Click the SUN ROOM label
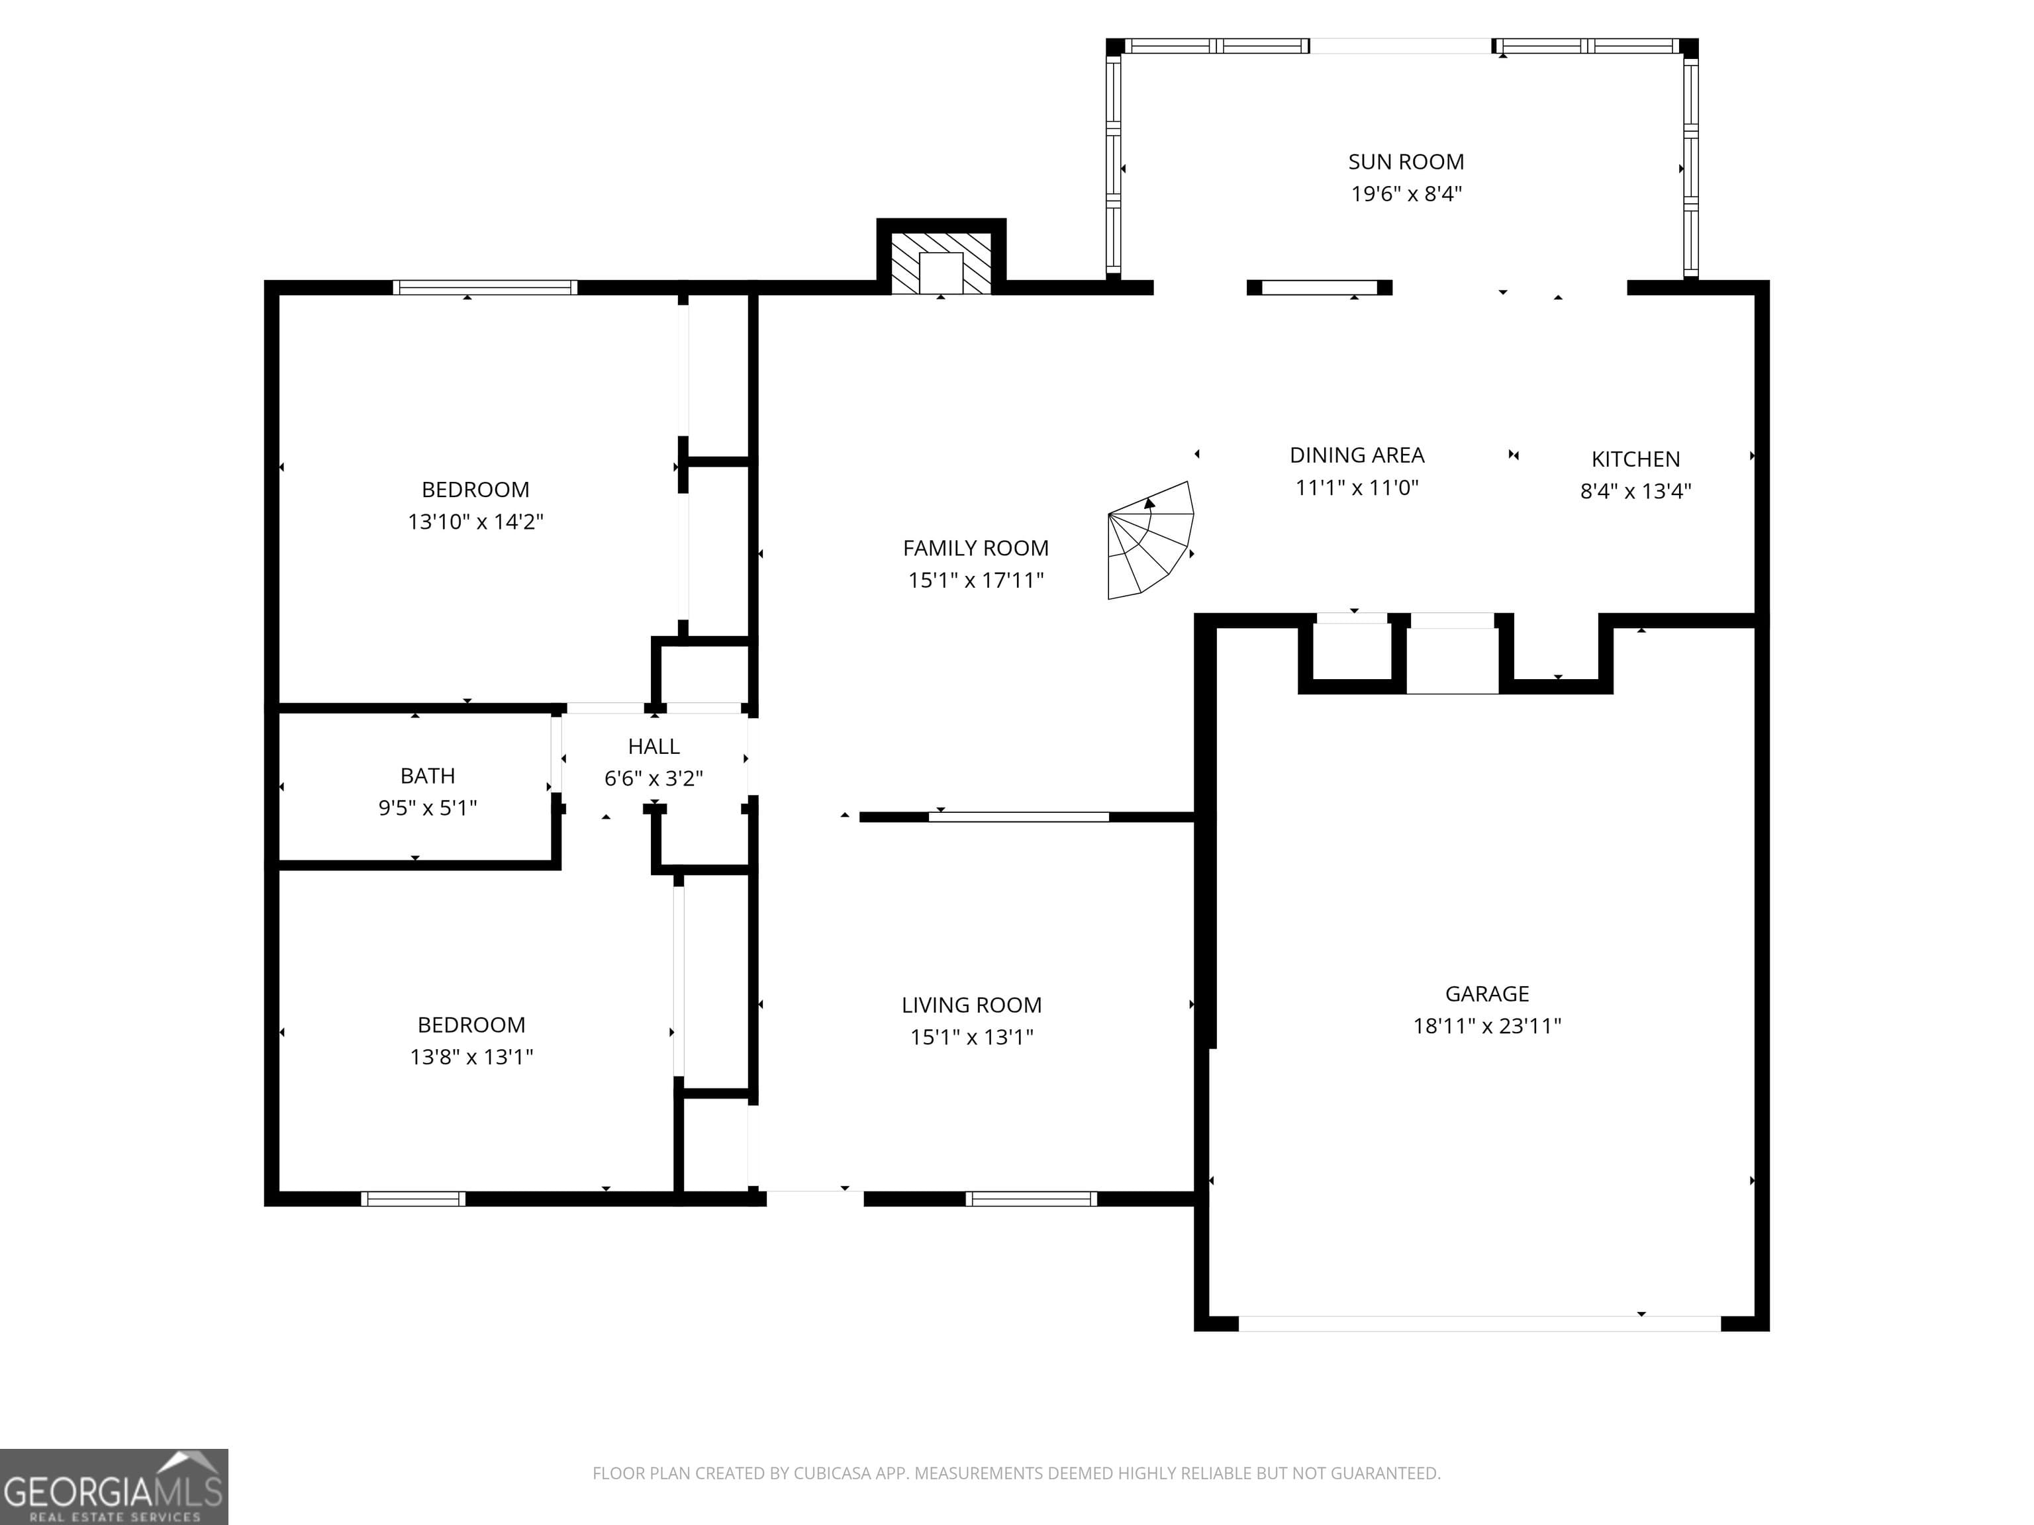(x=1405, y=162)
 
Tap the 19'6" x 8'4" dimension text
(x=1405, y=194)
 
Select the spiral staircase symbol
(x=1150, y=541)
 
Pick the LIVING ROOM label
(x=971, y=1005)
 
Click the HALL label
(x=653, y=747)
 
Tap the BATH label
(x=428, y=776)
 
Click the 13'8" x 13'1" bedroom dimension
(x=471, y=1057)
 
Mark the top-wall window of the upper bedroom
(x=485, y=288)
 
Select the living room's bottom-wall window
(x=1031, y=1199)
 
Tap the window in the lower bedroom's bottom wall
(x=413, y=1199)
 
